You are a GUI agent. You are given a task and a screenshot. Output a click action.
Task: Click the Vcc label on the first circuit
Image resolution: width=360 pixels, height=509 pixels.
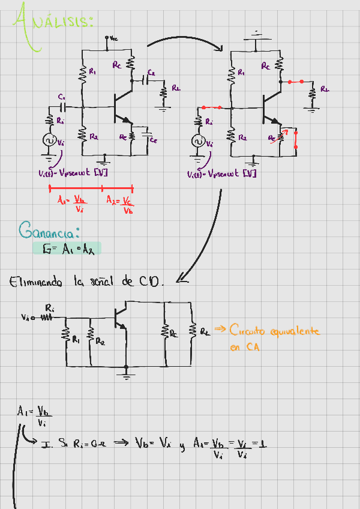pyautogui.click(x=114, y=38)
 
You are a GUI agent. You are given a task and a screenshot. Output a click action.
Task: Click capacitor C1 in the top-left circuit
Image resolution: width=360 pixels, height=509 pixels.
pyautogui.click(x=62, y=107)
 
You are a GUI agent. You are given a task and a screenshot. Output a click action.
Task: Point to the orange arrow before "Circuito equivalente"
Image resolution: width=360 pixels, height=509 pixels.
pyautogui.click(x=219, y=328)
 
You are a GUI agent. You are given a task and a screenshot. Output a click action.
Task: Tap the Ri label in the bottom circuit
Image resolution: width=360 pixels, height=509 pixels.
pyautogui.click(x=50, y=307)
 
